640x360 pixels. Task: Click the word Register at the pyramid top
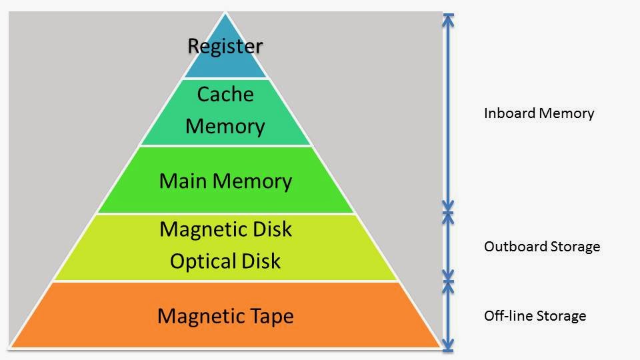225,46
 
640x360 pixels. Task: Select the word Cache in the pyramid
225,95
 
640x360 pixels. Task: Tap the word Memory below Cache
225,126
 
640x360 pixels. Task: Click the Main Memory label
225,181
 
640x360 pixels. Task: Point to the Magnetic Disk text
225,229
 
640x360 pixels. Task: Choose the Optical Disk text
225,261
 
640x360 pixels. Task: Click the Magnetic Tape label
225,315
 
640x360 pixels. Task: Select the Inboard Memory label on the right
539,113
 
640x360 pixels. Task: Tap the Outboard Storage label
542,247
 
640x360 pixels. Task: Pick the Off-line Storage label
535,315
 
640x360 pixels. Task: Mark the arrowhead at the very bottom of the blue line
448,345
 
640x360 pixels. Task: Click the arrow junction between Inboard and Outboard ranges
448,213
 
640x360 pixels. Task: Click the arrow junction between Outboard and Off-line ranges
448,281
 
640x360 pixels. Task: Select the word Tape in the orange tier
271,315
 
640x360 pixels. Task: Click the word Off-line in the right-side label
506,315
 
